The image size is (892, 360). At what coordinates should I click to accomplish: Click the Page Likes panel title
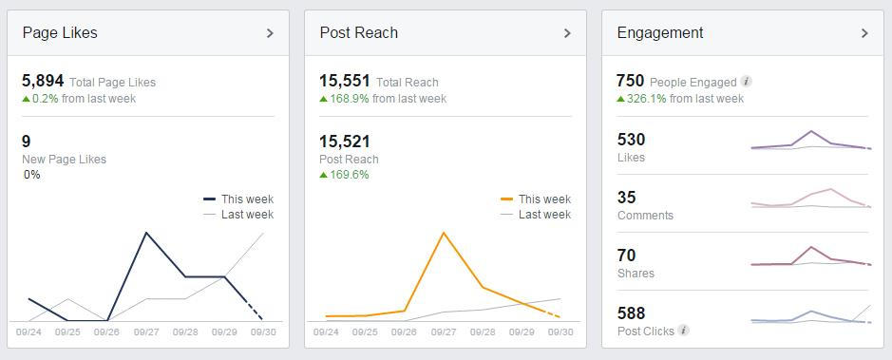click(60, 32)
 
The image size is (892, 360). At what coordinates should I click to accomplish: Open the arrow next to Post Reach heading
click(567, 33)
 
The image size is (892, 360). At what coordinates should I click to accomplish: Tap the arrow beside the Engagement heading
click(864, 33)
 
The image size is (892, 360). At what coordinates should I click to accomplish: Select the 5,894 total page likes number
click(43, 82)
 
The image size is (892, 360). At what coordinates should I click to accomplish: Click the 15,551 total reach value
click(345, 82)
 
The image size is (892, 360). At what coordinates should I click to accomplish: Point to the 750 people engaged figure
click(631, 82)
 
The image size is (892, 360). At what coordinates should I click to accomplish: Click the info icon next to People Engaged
click(747, 83)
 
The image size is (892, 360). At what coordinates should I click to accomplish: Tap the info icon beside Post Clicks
click(684, 332)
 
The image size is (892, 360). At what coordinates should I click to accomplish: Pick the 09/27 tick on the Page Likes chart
click(146, 332)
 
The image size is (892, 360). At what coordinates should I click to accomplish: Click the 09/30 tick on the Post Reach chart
click(560, 332)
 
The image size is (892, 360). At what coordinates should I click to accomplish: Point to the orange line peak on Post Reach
click(444, 232)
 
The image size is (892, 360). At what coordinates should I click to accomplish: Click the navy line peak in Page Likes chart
click(146, 233)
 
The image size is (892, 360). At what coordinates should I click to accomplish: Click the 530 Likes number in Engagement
click(631, 141)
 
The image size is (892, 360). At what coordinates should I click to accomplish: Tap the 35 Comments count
click(627, 198)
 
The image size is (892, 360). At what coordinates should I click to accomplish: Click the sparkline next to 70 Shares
click(810, 257)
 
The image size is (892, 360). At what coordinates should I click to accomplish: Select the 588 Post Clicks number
click(631, 313)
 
